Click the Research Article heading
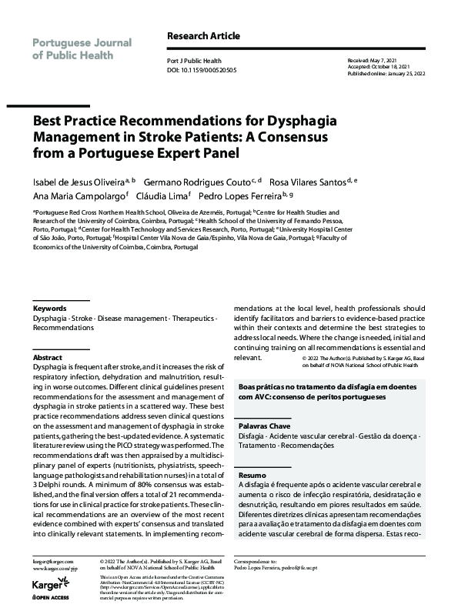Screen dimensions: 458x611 click(203, 36)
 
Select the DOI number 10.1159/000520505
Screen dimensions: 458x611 click(213, 70)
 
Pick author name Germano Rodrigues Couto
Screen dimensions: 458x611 click(198, 182)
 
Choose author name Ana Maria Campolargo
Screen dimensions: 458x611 click(82, 197)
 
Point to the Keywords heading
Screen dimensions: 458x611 click(50, 308)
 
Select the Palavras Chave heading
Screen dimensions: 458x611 click(265, 426)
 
